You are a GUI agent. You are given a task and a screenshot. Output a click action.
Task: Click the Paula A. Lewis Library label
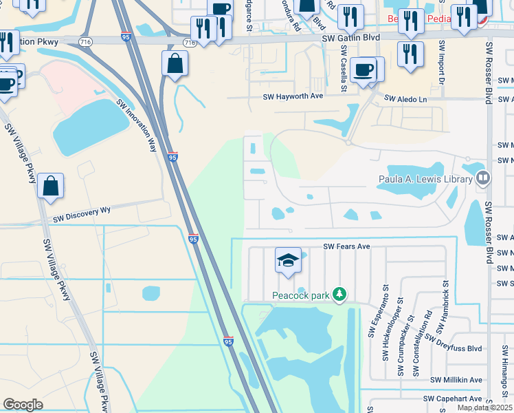point(426,180)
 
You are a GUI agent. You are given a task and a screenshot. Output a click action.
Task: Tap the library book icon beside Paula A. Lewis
point(483,179)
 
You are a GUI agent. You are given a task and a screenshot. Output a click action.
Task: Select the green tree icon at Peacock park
point(339,295)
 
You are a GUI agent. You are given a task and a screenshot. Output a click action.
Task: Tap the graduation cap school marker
point(289,260)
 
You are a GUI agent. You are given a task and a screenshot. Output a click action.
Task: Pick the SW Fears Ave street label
point(347,246)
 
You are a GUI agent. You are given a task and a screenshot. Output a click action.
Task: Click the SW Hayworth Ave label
point(293,97)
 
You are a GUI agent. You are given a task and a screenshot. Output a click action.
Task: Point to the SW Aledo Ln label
point(405,99)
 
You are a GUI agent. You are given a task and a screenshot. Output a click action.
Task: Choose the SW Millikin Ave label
point(456,380)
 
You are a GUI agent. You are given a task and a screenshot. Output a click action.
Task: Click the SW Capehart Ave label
point(452,399)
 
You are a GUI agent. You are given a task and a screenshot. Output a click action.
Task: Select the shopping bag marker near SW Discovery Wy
point(51,186)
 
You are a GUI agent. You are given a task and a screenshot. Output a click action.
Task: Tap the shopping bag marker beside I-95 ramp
point(175,63)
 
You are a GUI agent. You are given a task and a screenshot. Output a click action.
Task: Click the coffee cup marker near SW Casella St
point(362,70)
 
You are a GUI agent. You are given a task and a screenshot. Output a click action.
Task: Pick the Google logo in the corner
point(23,405)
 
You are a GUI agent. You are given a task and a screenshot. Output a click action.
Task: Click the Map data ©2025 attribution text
point(484,407)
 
